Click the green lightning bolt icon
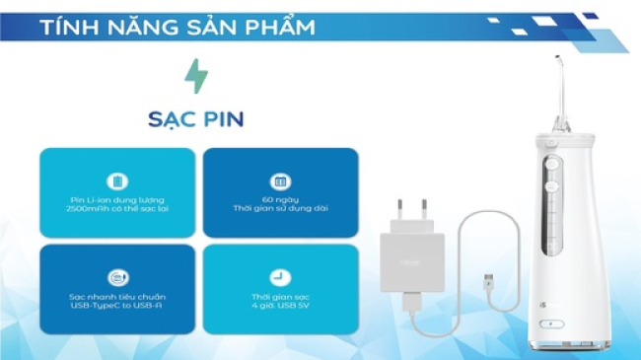coord(196,76)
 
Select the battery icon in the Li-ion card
coord(118,181)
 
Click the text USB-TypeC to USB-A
coord(118,307)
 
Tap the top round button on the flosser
coord(553,165)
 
